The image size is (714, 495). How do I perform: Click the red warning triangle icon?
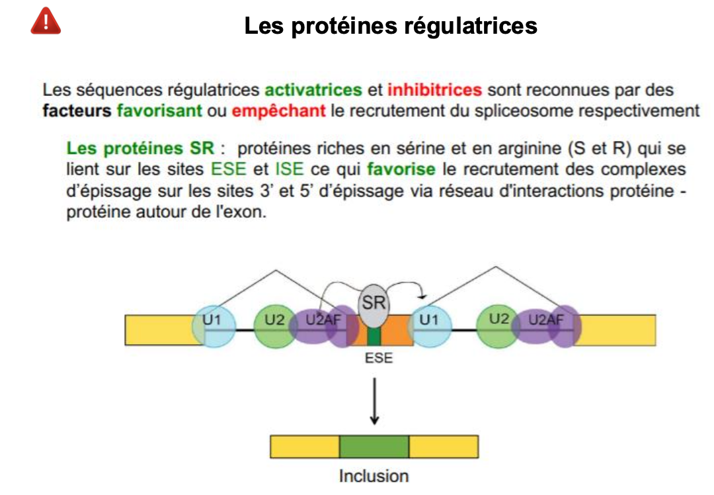tap(46, 22)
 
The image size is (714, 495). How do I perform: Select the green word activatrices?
tap(313, 90)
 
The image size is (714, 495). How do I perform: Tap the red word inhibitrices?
tap(434, 90)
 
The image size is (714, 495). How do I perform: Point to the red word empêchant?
tap(278, 111)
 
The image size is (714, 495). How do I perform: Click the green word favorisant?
tap(159, 111)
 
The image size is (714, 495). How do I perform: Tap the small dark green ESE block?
tap(375, 337)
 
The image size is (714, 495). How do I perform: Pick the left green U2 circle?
tap(274, 325)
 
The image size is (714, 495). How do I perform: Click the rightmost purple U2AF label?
tap(547, 321)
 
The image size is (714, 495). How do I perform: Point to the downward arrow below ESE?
tap(374, 400)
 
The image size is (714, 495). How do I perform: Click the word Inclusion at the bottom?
tap(374, 476)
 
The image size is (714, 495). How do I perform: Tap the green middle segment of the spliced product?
tap(374, 447)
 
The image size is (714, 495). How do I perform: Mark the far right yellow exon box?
tap(618, 330)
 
